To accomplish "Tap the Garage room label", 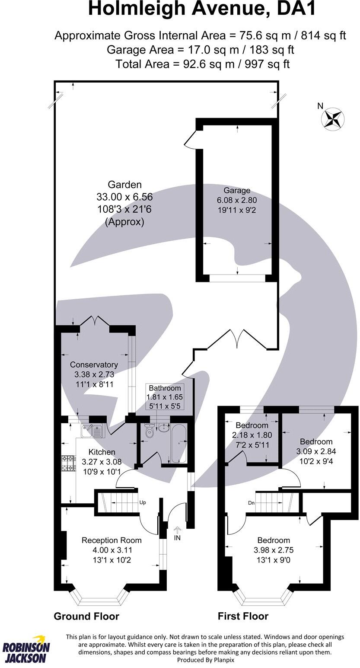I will pyautogui.click(x=237, y=190).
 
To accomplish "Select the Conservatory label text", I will pyautogui.click(x=94, y=364).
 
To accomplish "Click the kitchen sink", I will pyautogui.click(x=92, y=431).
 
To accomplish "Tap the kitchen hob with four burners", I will pyautogui.click(x=68, y=463).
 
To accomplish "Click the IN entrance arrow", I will pyautogui.click(x=177, y=531).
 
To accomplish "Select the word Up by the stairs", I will pyautogui.click(x=142, y=503).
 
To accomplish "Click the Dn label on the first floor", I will pyautogui.click(x=252, y=503).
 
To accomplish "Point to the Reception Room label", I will pyautogui.click(x=112, y=540).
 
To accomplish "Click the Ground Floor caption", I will pyautogui.click(x=86, y=616).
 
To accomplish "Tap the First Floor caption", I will pyautogui.click(x=243, y=616).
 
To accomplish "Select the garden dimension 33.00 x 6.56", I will pyautogui.click(x=124, y=197).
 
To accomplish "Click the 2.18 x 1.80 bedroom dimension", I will pyautogui.click(x=252, y=435).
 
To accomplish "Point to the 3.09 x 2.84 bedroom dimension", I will pyautogui.click(x=316, y=451).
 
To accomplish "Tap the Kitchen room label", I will pyautogui.click(x=102, y=452).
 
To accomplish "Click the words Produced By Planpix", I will pyautogui.click(x=205, y=660).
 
